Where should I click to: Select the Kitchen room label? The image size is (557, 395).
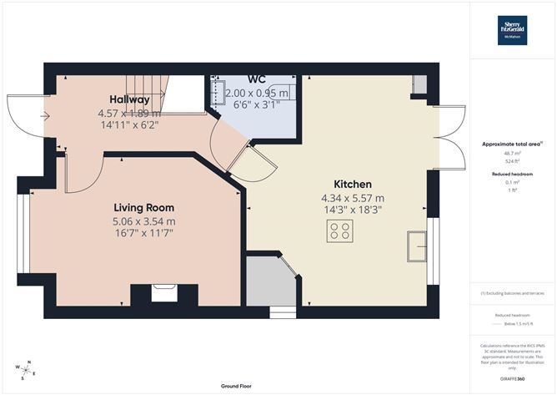point(352,184)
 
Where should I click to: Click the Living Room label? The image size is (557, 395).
point(143,207)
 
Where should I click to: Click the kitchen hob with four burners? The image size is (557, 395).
point(339,231)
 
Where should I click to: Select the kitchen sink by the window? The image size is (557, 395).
point(417,246)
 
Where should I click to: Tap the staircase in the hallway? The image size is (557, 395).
point(146,91)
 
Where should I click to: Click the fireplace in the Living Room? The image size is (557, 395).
point(163,292)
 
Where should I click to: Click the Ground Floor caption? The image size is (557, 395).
point(238,387)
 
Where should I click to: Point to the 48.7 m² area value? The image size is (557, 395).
point(512,153)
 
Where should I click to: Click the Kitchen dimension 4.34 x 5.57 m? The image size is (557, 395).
point(352,198)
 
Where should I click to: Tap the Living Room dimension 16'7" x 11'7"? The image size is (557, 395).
point(143,235)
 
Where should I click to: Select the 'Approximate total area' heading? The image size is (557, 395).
point(511,144)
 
